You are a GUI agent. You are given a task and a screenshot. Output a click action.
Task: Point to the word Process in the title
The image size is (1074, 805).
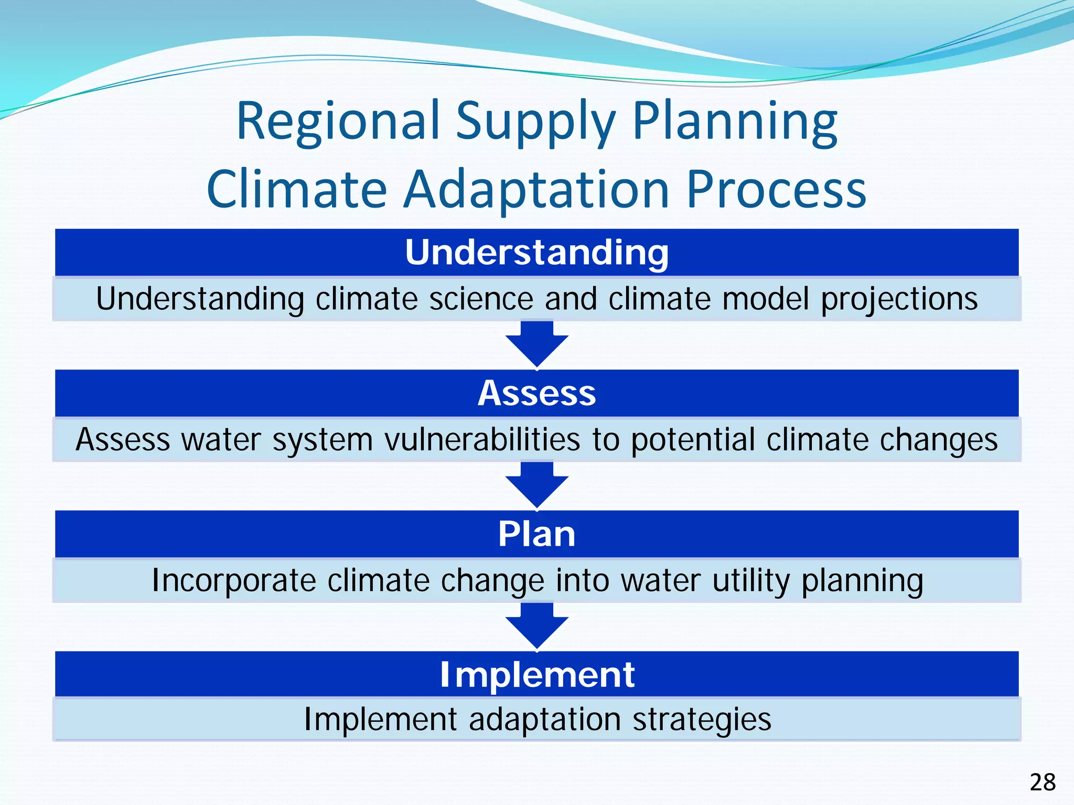pyautogui.click(x=776, y=190)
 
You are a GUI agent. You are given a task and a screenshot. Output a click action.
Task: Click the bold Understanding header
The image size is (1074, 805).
pyautogui.click(x=536, y=253)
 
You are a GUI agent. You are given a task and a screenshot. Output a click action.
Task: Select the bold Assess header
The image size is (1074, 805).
pyautogui.click(x=536, y=393)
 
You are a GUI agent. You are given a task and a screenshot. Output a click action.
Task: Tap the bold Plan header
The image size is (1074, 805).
pyautogui.click(x=536, y=534)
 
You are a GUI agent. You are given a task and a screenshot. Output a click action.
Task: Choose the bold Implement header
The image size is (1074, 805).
pyautogui.click(x=536, y=675)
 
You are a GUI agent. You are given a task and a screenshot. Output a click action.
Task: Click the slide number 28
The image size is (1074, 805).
pyautogui.click(x=1043, y=782)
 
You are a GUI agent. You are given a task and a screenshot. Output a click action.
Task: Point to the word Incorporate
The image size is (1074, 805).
pyautogui.click(x=234, y=581)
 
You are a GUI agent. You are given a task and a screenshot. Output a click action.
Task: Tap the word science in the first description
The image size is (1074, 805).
pyautogui.click(x=481, y=299)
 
